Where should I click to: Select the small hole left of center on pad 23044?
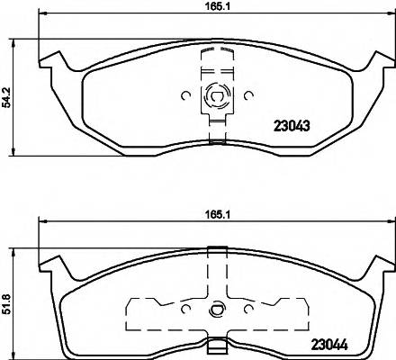pos(184,310)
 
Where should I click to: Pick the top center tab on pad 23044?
pos(215,250)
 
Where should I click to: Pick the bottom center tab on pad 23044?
pos(215,344)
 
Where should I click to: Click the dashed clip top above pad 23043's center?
pos(215,54)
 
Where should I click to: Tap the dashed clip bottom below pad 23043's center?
pos(215,135)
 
